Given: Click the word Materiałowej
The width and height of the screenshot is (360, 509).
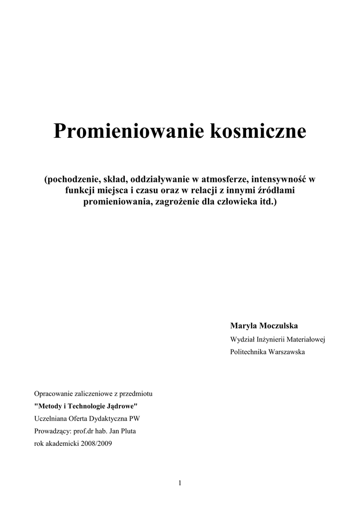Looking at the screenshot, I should point(305,339).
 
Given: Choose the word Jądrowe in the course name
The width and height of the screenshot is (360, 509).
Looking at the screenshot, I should point(121,406).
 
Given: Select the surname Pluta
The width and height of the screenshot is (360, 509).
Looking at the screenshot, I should point(127,431).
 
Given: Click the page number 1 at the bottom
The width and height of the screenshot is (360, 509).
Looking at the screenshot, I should point(180,483).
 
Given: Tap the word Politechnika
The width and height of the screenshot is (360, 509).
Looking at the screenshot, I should point(248,352).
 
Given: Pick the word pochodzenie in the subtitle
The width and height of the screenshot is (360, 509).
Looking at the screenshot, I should point(70,179).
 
